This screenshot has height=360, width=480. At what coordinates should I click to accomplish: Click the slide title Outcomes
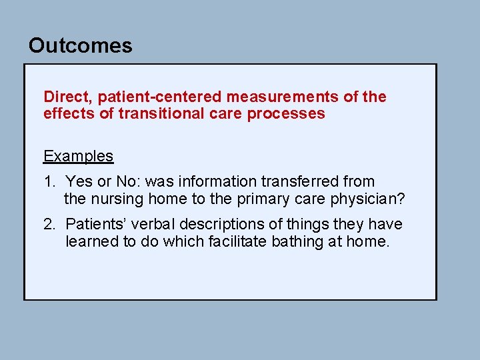(80, 46)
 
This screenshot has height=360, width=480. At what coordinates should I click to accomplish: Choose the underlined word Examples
(78, 156)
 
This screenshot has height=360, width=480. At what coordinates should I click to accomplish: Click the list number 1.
(49, 181)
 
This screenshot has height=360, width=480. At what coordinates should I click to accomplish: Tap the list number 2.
(49, 225)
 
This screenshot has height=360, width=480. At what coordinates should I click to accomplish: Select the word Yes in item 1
(79, 181)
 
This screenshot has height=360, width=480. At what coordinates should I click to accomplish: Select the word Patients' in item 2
(95, 225)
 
